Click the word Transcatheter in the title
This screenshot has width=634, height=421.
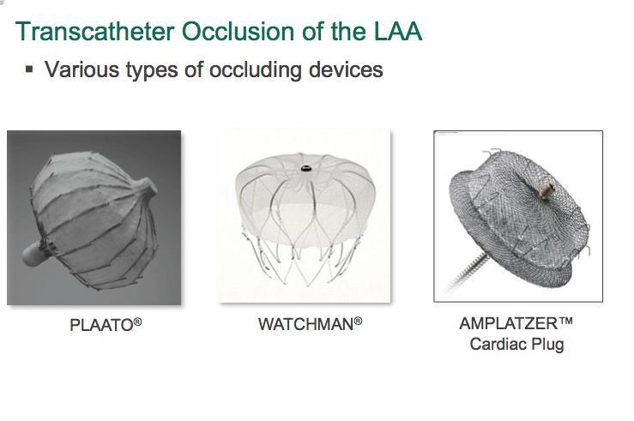click(x=95, y=32)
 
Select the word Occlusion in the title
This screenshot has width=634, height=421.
click(x=239, y=32)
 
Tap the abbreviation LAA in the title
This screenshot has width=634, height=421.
click(x=398, y=32)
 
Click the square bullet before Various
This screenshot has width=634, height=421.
click(x=29, y=69)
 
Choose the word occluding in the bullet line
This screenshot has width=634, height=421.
click(x=256, y=69)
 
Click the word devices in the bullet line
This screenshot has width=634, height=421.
click(x=346, y=69)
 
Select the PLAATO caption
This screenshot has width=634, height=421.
click(x=101, y=325)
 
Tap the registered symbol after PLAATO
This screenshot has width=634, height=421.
click(x=137, y=322)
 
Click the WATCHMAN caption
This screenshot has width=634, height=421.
click(x=306, y=324)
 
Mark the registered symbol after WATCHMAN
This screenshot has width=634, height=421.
click(x=358, y=322)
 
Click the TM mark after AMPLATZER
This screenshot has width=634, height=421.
click(x=565, y=321)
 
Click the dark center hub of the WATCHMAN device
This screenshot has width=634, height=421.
click(x=305, y=168)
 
